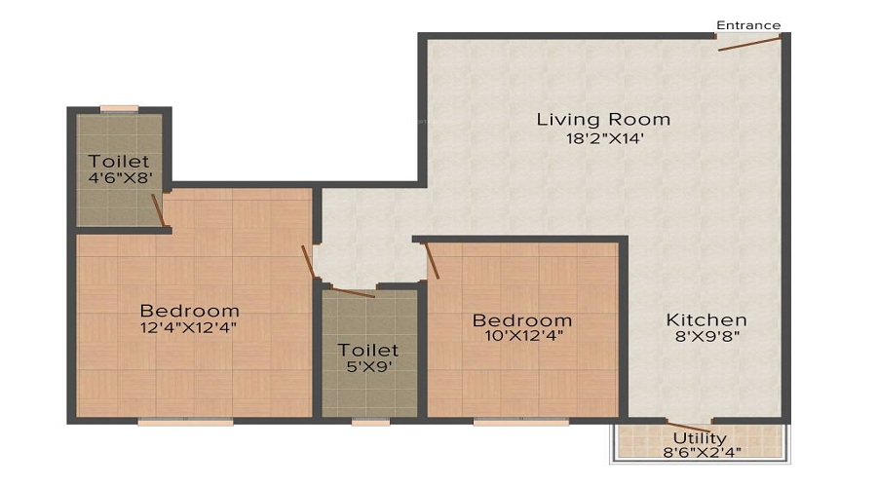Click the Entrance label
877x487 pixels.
click(x=748, y=24)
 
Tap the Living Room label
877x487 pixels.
click(x=603, y=120)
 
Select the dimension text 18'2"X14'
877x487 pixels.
click(x=603, y=138)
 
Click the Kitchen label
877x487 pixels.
click(x=706, y=319)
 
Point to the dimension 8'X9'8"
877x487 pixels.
click(x=706, y=337)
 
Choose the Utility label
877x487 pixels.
click(x=700, y=439)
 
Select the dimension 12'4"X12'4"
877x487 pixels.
click(x=189, y=328)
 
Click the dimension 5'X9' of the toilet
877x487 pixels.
click(x=368, y=367)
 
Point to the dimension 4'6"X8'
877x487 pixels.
click(x=119, y=178)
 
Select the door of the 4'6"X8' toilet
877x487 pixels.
click(x=158, y=208)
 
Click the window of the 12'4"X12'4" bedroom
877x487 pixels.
click(x=185, y=422)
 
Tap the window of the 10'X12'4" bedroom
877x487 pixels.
click(x=520, y=422)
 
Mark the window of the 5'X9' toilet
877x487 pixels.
click(x=370, y=422)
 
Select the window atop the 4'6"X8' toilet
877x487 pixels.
click(x=119, y=109)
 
